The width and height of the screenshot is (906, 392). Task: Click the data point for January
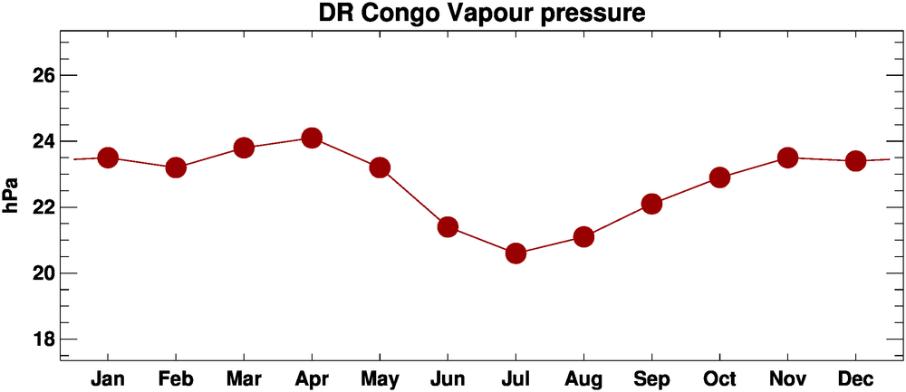pyautogui.click(x=108, y=158)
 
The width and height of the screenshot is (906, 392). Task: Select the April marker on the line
pyautogui.click(x=312, y=138)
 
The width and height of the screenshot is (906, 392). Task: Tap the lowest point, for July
pyautogui.click(x=516, y=253)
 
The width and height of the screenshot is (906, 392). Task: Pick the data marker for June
pyautogui.click(x=448, y=226)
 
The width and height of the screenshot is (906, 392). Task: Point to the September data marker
pyautogui.click(x=651, y=204)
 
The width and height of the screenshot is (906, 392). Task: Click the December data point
pyautogui.click(x=855, y=161)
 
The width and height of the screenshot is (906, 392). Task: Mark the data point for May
pyautogui.click(x=380, y=167)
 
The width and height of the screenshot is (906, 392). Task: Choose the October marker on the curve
pyautogui.click(x=719, y=177)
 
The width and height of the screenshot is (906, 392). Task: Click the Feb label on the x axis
pyautogui.click(x=176, y=377)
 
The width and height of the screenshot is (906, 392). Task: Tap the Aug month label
pyautogui.click(x=583, y=377)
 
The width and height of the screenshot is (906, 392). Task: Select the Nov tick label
pyautogui.click(x=787, y=377)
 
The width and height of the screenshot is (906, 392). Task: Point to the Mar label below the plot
pyautogui.click(x=244, y=377)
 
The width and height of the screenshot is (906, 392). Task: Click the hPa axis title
pyautogui.click(x=12, y=195)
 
